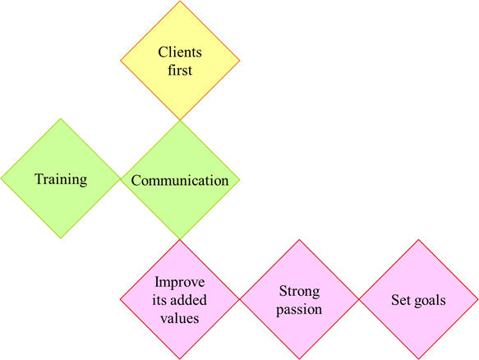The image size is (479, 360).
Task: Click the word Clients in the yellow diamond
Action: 180,52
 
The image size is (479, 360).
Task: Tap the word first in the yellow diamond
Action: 180,70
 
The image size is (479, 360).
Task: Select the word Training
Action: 61,179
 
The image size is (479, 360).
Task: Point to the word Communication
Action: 180,180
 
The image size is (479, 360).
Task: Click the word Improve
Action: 180,282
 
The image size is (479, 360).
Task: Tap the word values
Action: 180,318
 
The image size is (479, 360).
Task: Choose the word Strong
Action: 299,291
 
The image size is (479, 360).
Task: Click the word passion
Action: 299,310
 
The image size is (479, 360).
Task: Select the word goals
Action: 429,300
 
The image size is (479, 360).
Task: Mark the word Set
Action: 400,300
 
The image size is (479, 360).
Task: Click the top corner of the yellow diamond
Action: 180,1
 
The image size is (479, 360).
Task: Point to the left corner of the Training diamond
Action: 1,179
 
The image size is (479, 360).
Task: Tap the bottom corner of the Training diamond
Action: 61,238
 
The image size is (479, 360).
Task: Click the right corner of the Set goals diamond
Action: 478,299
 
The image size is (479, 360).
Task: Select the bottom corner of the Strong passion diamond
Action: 299,359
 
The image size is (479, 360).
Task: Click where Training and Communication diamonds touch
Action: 120,179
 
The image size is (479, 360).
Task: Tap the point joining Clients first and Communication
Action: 180,120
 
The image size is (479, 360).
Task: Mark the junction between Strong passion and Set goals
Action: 359,299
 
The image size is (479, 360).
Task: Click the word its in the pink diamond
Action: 159,300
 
